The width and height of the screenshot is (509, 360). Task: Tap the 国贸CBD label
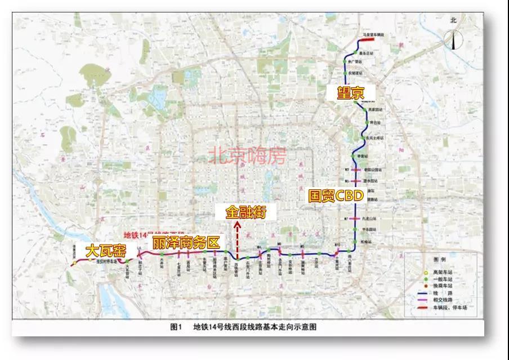coord(336,196)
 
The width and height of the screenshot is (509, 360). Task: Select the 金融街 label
coord(244,212)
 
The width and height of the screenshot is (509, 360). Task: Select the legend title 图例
coord(440,260)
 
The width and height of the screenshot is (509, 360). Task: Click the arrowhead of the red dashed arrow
coord(238,224)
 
